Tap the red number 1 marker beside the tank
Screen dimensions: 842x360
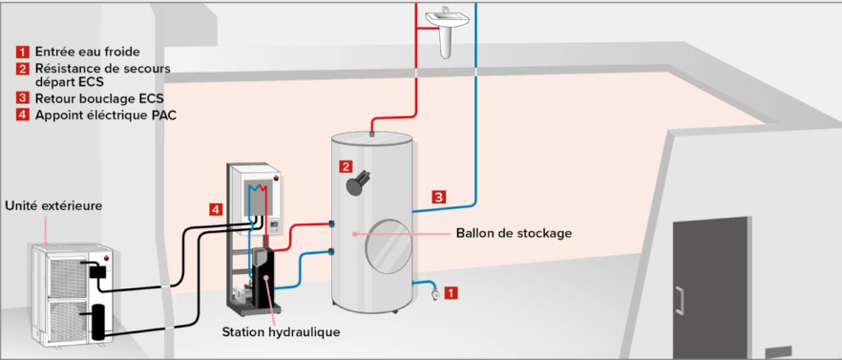[x=452, y=293]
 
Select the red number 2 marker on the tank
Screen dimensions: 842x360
[x=346, y=166]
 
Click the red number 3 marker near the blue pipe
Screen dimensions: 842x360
[x=439, y=197]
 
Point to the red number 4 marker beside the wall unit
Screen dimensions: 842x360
[x=216, y=209]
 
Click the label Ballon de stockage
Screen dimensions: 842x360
[x=514, y=234]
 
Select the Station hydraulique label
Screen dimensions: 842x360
[x=281, y=332]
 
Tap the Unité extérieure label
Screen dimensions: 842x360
[x=53, y=206]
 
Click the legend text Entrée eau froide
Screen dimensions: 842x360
[x=88, y=53]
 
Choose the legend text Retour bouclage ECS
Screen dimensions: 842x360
[x=99, y=99]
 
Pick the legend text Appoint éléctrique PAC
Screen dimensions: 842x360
[x=106, y=115]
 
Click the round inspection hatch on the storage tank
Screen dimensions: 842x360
[x=389, y=246]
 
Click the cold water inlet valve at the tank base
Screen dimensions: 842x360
[x=434, y=294]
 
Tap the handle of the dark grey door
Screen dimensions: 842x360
[x=680, y=301]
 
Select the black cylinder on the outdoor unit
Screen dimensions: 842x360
[x=99, y=322]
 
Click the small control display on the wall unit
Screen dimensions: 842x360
[x=275, y=225]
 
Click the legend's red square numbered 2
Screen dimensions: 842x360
[x=23, y=68]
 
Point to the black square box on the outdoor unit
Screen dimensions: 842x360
[x=97, y=271]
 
